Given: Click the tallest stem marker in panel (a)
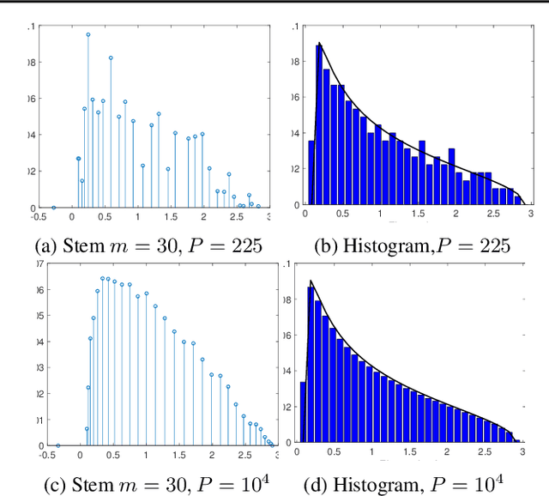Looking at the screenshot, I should click(x=87, y=35).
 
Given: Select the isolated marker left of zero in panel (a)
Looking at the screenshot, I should click(x=53, y=207).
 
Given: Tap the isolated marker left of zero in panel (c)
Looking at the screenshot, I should click(x=57, y=445).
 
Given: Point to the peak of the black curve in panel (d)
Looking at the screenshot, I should click(x=311, y=281).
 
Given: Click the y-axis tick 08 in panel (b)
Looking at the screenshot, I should click(x=294, y=63).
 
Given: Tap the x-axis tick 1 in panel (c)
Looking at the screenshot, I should click(x=146, y=455).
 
